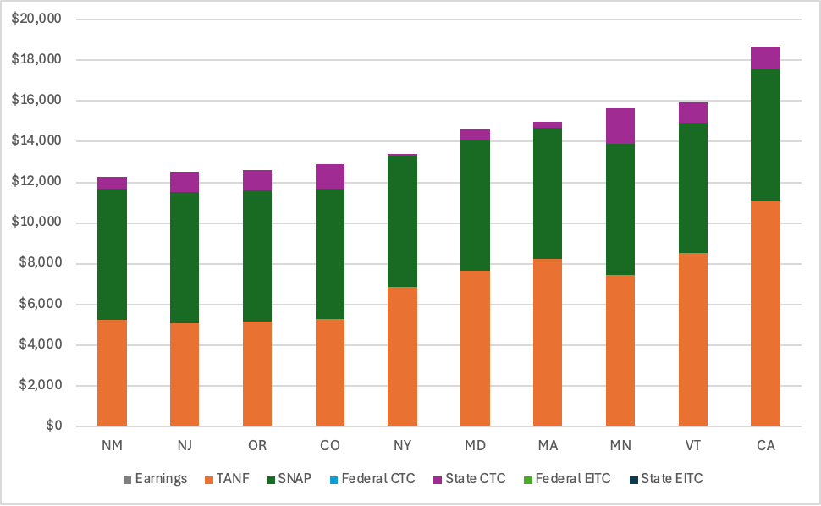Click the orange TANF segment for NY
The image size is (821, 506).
pos(402,356)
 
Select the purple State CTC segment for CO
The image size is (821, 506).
pos(330,176)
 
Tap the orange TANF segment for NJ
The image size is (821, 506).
pos(185,374)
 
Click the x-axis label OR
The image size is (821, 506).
pos(257,445)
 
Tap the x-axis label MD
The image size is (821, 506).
pos(475,445)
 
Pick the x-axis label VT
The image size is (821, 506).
pos(693,445)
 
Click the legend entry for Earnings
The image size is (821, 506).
pos(161,479)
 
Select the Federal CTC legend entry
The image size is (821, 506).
pos(377,479)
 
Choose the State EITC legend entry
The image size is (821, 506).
pos(671,479)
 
